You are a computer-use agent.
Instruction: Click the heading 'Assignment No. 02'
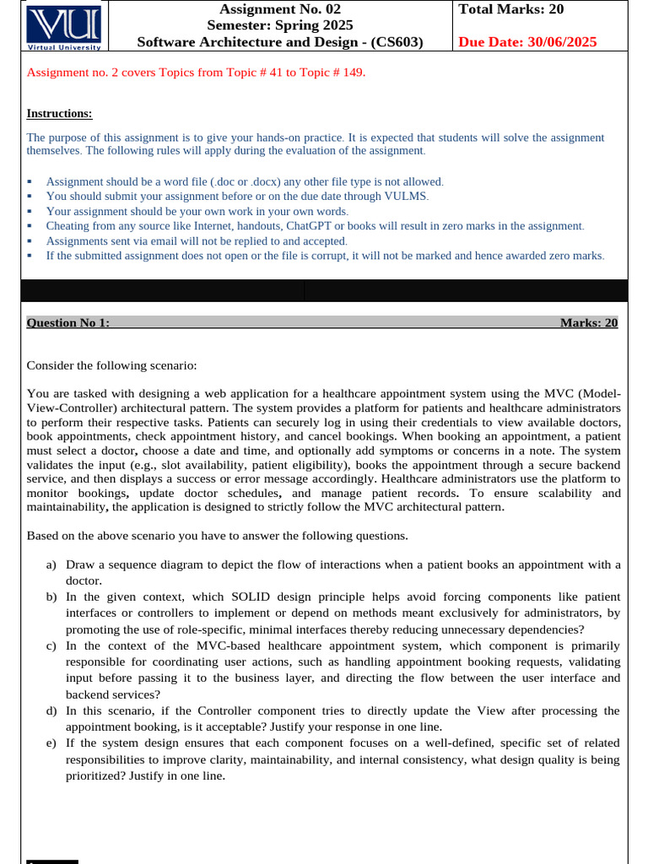coord(280,10)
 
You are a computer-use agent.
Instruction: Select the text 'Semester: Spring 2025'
coord(280,26)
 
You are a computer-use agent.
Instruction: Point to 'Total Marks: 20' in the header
coord(511,10)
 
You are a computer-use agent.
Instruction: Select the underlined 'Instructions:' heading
coord(59,114)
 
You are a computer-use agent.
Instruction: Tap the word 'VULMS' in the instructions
coord(408,196)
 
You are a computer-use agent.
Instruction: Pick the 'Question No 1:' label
coord(68,323)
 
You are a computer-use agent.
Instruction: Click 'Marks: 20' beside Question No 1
coord(588,323)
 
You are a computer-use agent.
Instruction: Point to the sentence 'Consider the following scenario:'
coord(112,365)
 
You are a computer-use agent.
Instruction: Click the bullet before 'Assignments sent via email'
coord(30,241)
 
